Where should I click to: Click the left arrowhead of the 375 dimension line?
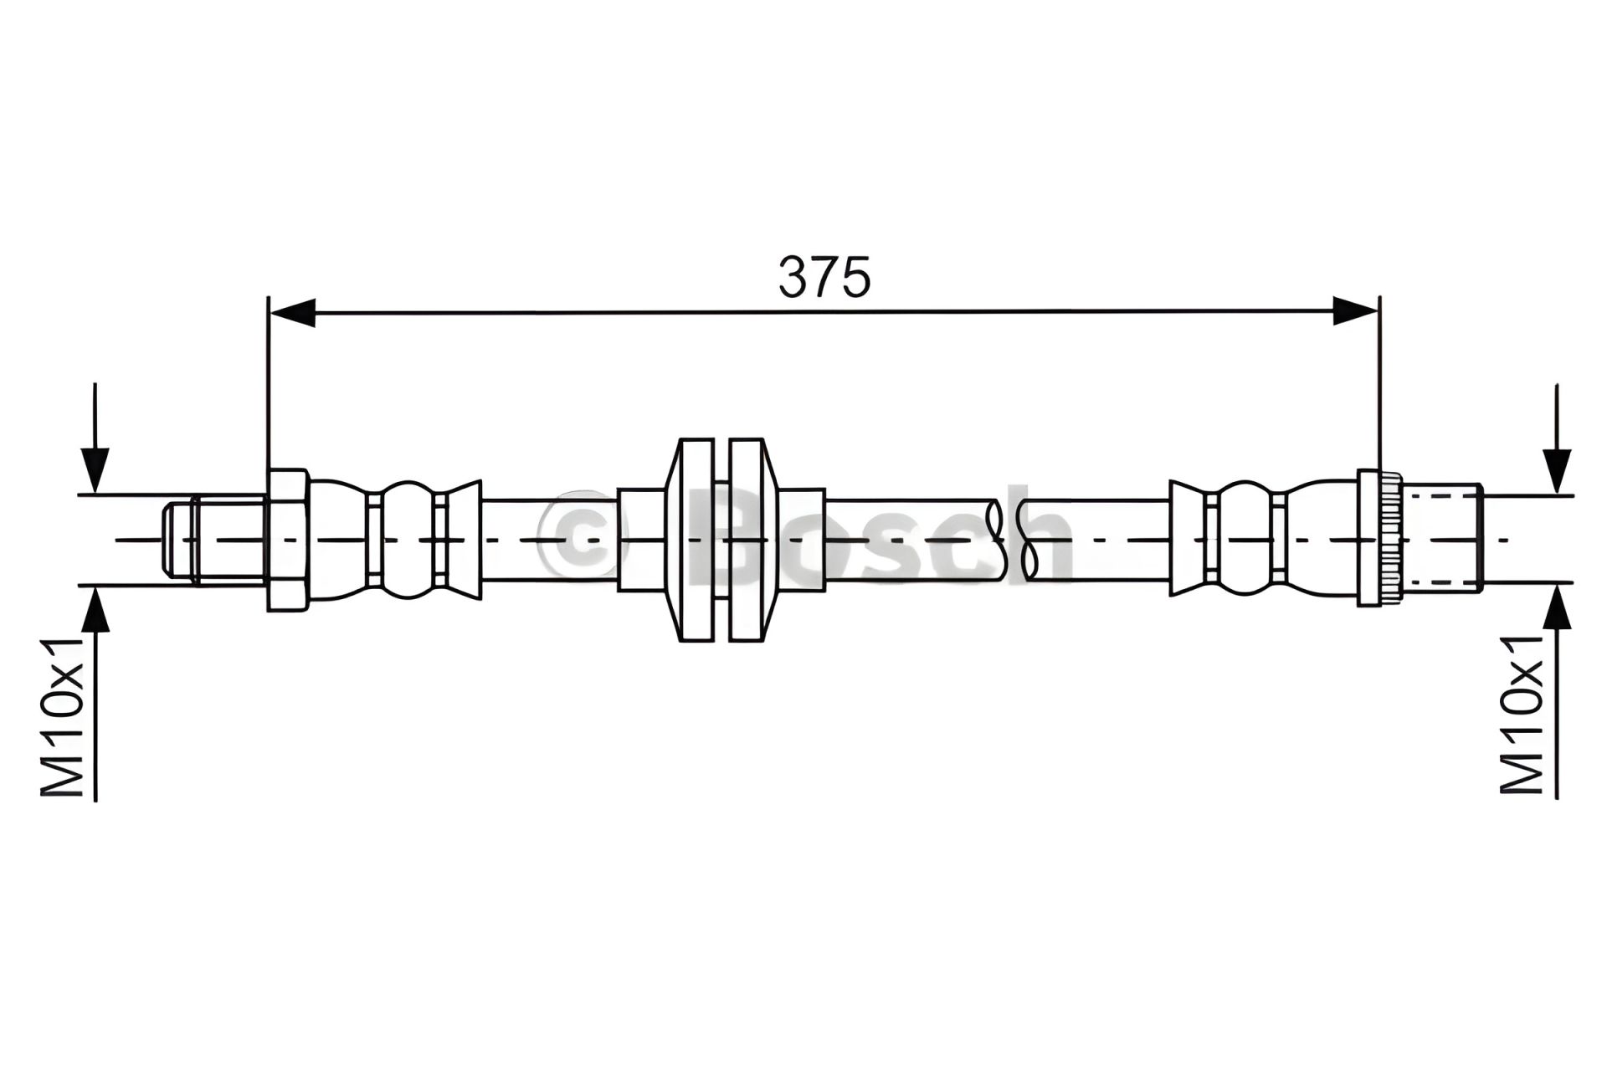[x=291, y=312]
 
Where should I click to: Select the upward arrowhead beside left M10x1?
[x=95, y=610]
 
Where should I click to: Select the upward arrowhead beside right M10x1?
[x=1557, y=610]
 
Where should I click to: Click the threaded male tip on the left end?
[x=215, y=540]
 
